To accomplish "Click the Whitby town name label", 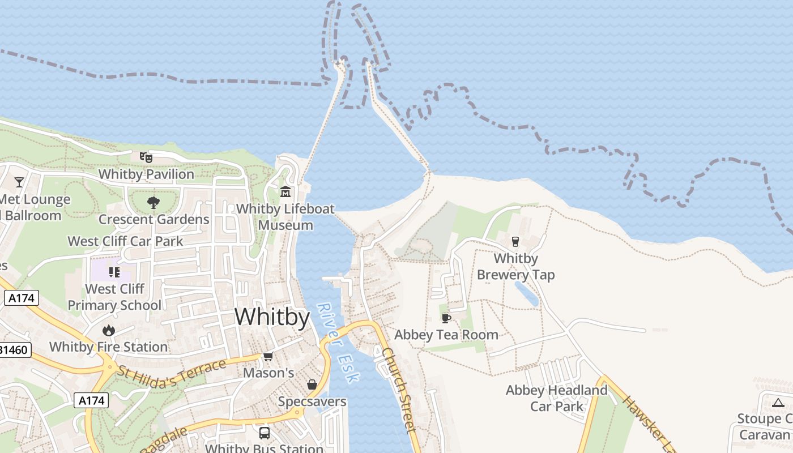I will point(272,317).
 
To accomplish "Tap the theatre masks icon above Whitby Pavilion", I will point(146,157).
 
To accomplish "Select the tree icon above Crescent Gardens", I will point(153,202).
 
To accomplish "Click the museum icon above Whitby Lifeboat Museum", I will point(285,192).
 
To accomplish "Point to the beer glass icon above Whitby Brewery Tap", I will point(515,242).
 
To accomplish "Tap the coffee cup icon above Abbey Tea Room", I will point(446,318).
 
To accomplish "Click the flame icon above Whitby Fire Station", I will point(108,330).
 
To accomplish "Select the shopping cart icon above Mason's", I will point(268,356).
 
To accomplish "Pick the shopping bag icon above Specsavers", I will point(312,385).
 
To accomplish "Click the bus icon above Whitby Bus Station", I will point(264,433).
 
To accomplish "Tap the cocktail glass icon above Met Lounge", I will point(19,182).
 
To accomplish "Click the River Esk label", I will point(338,343).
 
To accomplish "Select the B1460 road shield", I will point(14,350).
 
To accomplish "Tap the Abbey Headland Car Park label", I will point(556,398).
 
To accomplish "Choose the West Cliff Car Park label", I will point(125,241).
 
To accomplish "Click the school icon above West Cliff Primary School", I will point(114,272).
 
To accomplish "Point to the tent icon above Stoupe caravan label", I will point(778,403).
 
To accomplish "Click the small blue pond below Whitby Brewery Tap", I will point(526,293).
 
